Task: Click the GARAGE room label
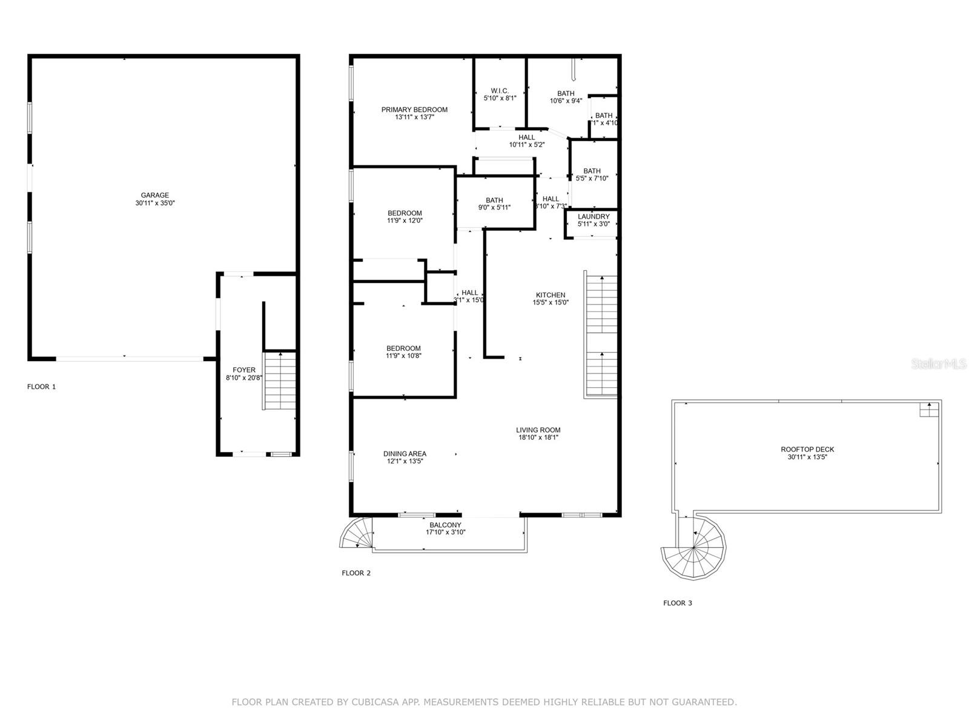(155, 195)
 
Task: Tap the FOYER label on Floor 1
(244, 370)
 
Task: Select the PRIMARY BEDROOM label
(414, 110)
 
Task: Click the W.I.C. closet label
(500, 90)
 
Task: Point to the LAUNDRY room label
(594, 216)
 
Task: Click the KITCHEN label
(551, 295)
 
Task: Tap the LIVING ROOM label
(538, 430)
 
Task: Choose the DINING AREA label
(405, 454)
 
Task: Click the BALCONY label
(445, 525)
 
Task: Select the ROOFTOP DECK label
(807, 450)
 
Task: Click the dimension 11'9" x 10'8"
(404, 356)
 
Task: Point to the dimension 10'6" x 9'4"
(566, 101)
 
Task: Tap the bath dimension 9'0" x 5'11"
(494, 208)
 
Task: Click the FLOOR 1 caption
(41, 387)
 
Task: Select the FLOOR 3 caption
(677, 603)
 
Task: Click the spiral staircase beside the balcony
(357, 533)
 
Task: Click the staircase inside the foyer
(280, 380)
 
